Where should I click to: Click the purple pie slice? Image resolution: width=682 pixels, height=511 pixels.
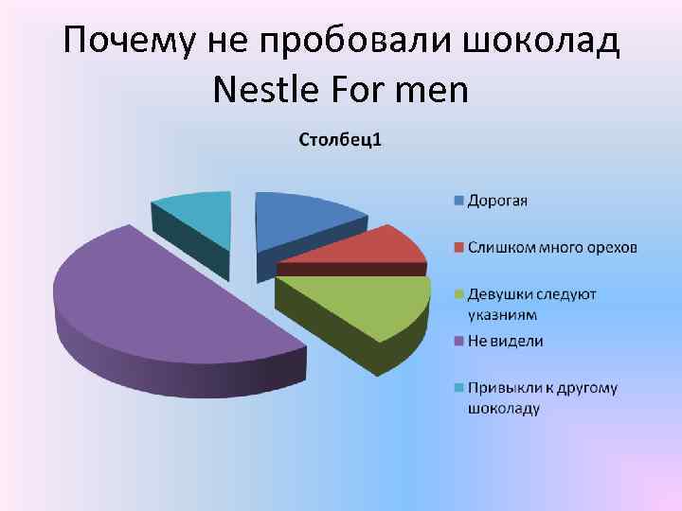point(161,303)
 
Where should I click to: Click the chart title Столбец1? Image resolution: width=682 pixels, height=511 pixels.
point(341,143)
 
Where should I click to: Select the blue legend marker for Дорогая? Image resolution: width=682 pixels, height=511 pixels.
point(458,201)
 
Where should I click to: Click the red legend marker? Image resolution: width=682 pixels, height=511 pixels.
point(458,248)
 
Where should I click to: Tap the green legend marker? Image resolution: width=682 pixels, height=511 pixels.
point(458,294)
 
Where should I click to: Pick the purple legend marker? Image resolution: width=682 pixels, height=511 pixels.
point(458,341)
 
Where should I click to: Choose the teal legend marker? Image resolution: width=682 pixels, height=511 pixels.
point(458,387)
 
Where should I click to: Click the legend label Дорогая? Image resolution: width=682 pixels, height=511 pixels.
point(497,201)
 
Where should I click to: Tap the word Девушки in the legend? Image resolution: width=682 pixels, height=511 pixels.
point(499,294)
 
